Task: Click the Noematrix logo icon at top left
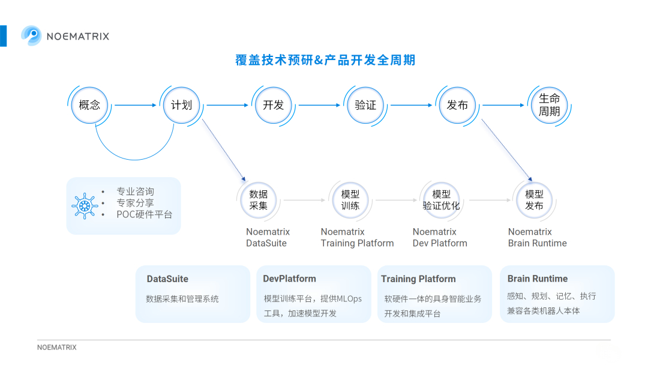31,35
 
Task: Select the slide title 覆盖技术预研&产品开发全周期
325,60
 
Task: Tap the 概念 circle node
89,105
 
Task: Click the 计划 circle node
181,105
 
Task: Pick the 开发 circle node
273,105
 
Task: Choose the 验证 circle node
365,105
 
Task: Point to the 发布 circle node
457,105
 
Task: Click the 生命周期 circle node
549,105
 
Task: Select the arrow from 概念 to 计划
135,105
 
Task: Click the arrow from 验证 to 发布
411,105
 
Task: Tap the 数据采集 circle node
259,200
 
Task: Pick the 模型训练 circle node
350,200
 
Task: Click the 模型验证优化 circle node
442,200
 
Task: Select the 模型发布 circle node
534,200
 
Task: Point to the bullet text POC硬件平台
144,214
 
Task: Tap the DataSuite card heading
167,279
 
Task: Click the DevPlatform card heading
289,279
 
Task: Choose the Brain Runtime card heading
537,279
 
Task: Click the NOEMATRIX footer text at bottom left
57,348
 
